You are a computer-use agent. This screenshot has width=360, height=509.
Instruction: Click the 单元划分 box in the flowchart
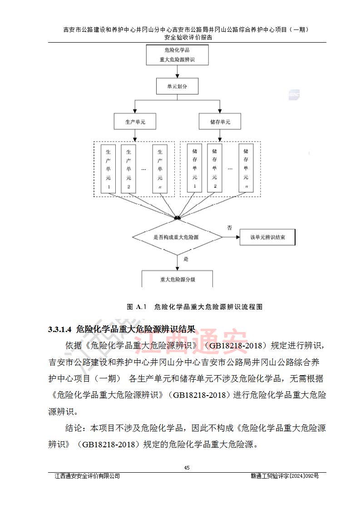pyautogui.click(x=178, y=86)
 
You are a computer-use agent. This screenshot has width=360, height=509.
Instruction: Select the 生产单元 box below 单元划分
pyautogui.click(x=134, y=122)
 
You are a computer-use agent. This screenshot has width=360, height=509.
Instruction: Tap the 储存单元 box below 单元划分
pyautogui.click(x=220, y=122)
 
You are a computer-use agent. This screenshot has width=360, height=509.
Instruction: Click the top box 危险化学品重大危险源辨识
pyautogui.click(x=177, y=55)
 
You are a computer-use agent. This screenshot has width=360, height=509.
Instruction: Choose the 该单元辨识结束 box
pyautogui.click(x=268, y=237)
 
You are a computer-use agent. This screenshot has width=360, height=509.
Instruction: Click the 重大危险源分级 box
pyautogui.click(x=178, y=279)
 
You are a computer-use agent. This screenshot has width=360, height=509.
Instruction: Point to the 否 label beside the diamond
pyautogui.click(x=229, y=228)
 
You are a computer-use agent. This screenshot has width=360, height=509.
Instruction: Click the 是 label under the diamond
pyautogui.click(x=185, y=259)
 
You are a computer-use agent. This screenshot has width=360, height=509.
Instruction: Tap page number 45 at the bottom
pyautogui.click(x=187, y=468)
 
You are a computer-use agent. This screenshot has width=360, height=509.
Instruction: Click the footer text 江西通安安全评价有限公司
pyautogui.click(x=87, y=476)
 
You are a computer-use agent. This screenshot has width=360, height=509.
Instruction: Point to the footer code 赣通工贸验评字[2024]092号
pyautogui.click(x=285, y=476)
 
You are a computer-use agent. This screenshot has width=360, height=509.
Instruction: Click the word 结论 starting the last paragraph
pyautogui.click(x=74, y=428)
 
